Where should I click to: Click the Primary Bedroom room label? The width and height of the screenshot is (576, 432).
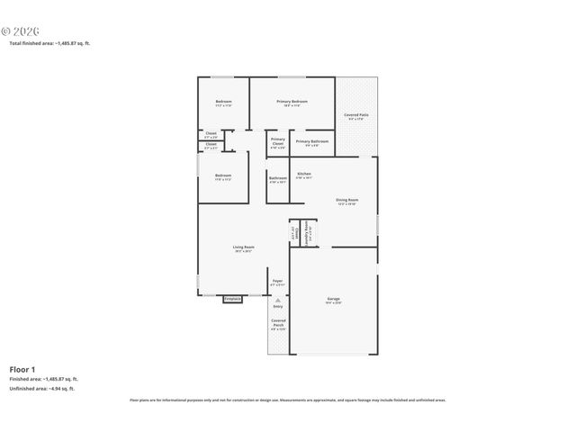(x=292, y=103)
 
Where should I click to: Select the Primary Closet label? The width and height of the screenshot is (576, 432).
(x=278, y=141)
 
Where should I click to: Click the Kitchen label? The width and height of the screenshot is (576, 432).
(x=304, y=175)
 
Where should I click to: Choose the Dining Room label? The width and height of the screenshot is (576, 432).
(x=346, y=202)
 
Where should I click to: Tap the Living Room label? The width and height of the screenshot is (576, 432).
(x=243, y=249)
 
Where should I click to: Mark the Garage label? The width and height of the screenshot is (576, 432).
(x=333, y=300)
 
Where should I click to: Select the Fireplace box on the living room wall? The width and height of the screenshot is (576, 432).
(x=232, y=299)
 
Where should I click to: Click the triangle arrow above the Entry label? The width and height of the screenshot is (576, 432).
(x=278, y=299)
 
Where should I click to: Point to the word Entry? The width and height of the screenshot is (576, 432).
(x=278, y=307)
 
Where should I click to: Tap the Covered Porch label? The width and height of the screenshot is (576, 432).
(x=278, y=325)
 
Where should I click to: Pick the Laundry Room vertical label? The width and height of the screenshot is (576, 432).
(x=305, y=232)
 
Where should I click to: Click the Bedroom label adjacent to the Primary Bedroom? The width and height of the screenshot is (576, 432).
(x=223, y=103)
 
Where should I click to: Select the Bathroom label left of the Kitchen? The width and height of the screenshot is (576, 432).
(x=278, y=179)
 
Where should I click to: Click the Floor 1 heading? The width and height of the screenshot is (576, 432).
(x=22, y=369)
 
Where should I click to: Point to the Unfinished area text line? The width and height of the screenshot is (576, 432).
(x=43, y=390)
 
